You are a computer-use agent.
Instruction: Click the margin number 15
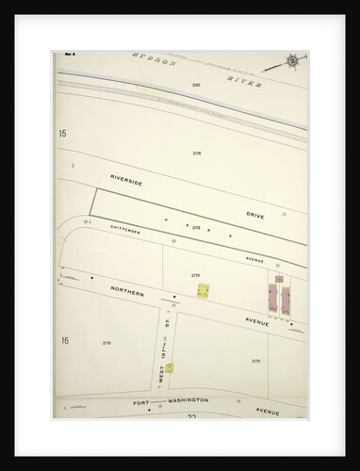pos(63,135)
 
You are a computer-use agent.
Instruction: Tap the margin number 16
pos(63,340)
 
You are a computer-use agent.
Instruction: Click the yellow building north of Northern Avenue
pos(203,291)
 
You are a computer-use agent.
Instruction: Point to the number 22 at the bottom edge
pos(192,418)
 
